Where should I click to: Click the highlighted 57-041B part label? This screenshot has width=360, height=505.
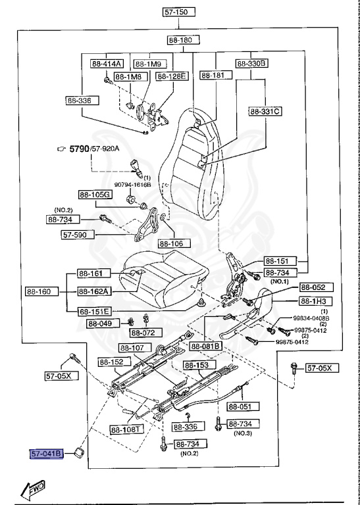45,453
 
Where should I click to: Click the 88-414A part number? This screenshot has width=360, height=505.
107,64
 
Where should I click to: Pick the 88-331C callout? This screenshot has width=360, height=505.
265,111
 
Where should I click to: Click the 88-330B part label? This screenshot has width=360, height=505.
251,64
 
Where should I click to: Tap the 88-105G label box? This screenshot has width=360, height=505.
95,195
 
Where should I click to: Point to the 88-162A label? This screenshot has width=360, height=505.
94,291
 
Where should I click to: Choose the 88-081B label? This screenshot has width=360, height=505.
206,346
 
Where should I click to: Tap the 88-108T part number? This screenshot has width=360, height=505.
125,430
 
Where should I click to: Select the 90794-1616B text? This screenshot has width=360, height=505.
133,185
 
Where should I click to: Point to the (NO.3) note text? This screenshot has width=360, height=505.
243,434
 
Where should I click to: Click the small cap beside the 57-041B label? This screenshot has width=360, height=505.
80,452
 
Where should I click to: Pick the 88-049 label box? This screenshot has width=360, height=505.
102,324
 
